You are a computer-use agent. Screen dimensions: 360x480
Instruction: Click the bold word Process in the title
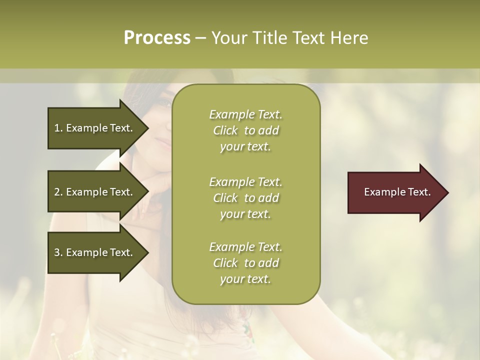[x=157, y=38]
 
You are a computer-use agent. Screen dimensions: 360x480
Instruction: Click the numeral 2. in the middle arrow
[x=58, y=192]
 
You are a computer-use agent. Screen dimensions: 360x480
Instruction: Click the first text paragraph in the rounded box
[x=245, y=130]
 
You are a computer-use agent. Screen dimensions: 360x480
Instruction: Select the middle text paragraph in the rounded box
[x=245, y=197]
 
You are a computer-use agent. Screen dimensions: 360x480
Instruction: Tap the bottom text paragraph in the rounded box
[x=245, y=263]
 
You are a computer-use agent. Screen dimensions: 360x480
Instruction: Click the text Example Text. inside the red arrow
[x=397, y=192]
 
